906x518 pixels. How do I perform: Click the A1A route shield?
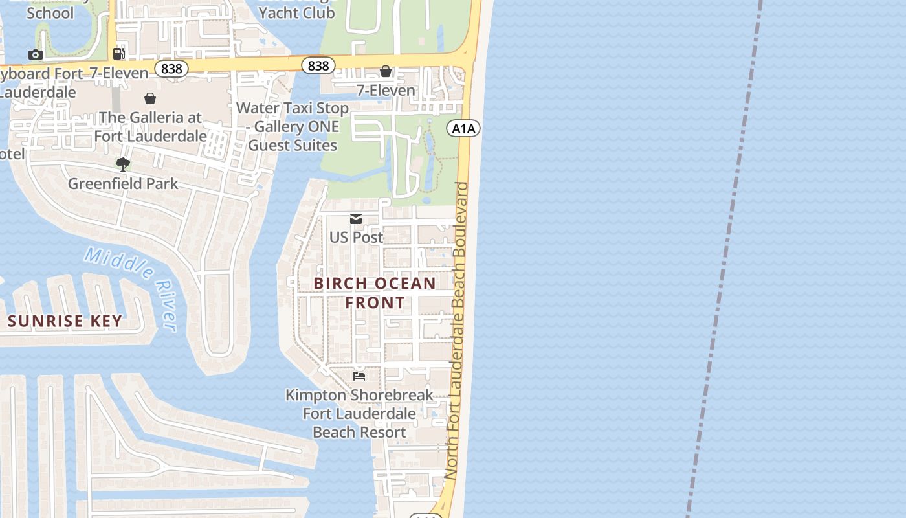463,128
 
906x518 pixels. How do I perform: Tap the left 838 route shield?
171,68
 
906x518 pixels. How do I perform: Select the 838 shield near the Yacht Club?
318,65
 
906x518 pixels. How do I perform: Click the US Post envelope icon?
356,219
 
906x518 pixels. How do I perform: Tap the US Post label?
356,237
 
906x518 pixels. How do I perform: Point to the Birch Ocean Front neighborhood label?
375,293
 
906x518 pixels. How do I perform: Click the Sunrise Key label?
65,321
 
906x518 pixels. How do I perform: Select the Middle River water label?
132,287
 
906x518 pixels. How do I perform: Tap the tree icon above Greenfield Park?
122,164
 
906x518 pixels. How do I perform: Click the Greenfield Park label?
123,183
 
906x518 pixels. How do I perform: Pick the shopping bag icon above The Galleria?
150,98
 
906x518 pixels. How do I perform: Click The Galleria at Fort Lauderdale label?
150,127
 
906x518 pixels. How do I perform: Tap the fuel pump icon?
118,53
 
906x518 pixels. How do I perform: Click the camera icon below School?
36,55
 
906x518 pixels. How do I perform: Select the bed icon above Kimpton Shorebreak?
359,376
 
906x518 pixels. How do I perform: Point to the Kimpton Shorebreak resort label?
359,413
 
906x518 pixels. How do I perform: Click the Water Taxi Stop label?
293,126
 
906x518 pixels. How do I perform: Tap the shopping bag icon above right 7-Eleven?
386,71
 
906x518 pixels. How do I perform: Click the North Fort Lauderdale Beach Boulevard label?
460,330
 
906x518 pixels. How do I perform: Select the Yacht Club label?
297,12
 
